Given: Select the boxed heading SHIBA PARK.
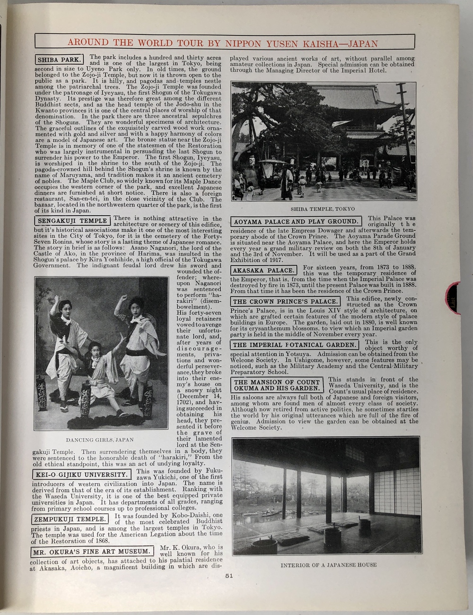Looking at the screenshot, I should [59, 60].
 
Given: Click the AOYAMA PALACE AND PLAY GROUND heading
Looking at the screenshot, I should [296, 221].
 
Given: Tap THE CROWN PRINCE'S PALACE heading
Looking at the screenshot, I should [286, 302].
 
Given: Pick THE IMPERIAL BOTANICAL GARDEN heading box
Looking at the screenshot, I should [294, 345].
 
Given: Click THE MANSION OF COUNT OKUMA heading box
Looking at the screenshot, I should [277, 385].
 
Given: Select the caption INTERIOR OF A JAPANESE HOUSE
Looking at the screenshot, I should [328, 565].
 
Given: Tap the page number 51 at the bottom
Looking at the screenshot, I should [229, 575].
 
